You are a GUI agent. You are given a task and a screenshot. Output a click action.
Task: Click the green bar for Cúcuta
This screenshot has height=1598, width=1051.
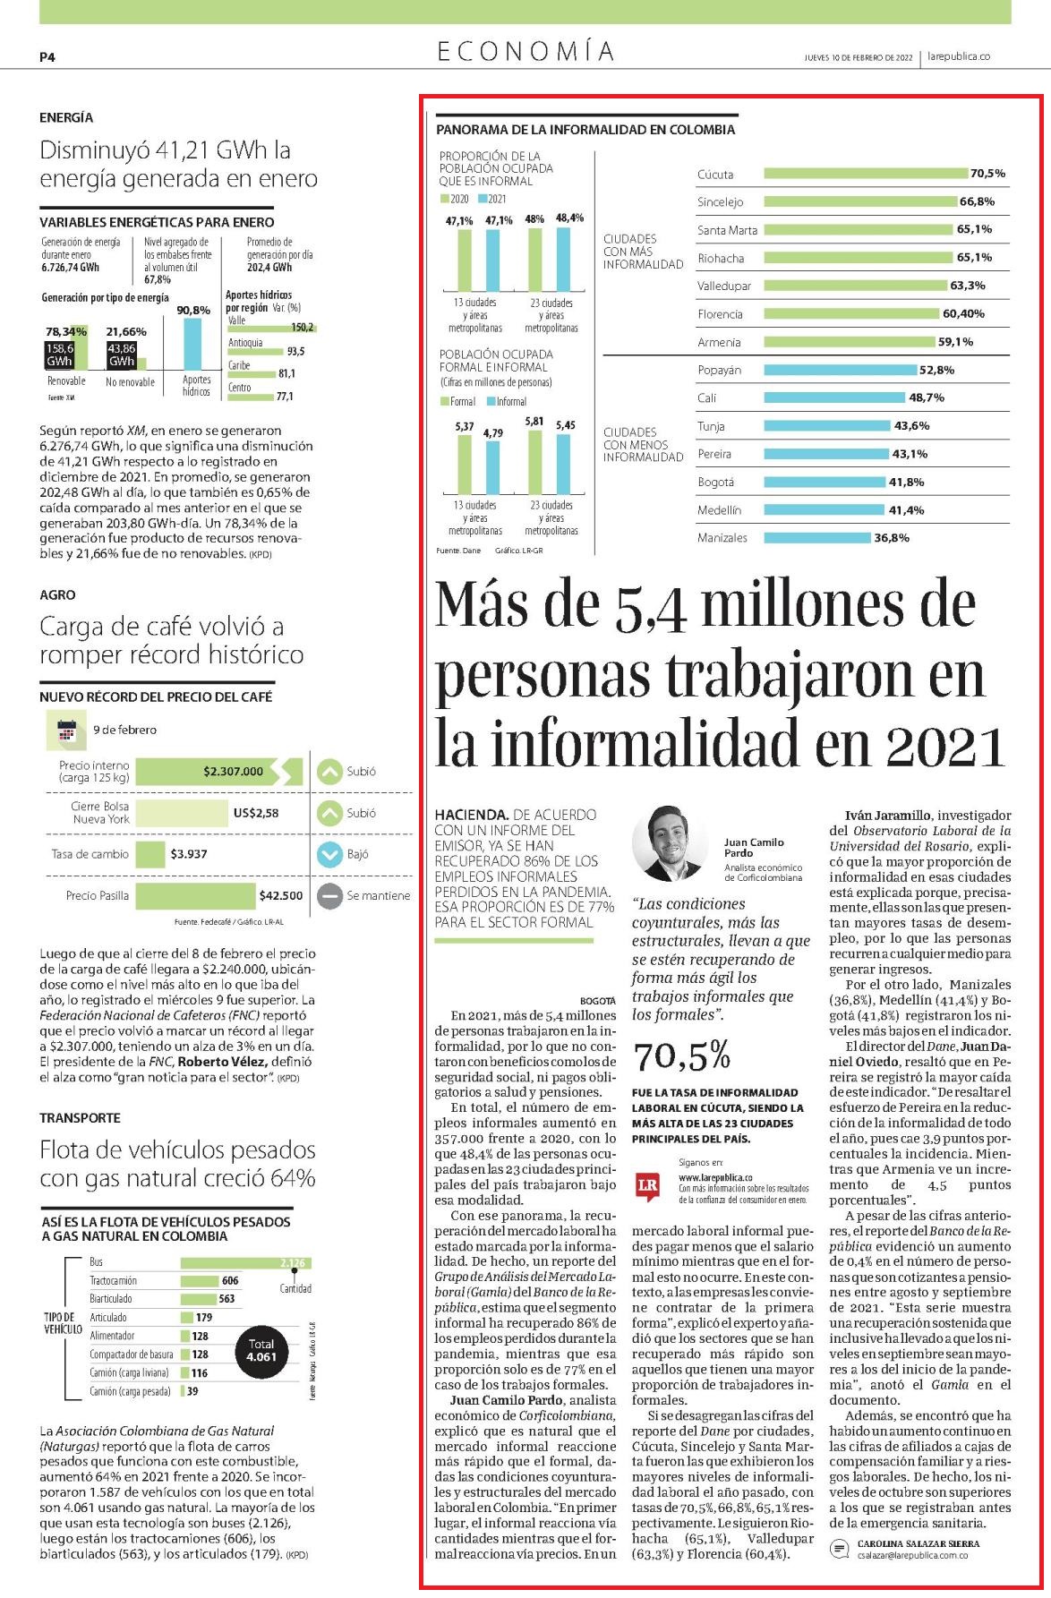point(867,174)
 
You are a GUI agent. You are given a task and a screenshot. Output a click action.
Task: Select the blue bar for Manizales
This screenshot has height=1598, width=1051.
point(817,538)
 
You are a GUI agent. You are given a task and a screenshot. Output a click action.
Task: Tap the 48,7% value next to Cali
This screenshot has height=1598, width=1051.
point(927,397)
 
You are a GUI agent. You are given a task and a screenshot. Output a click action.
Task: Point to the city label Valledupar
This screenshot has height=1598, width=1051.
point(724,286)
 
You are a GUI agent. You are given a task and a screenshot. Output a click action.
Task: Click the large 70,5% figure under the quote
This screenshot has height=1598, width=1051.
point(682,1056)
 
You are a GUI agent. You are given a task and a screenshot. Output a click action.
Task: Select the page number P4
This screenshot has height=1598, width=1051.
point(47,56)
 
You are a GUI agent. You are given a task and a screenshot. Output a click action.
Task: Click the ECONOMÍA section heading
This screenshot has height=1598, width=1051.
point(525,52)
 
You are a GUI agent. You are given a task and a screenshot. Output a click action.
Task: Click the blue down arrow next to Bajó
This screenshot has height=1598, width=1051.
point(330,854)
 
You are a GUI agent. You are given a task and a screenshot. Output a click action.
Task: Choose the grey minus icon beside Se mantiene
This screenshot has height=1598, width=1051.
point(330,895)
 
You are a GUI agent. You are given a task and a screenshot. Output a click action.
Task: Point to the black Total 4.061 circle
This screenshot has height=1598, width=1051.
point(261,1350)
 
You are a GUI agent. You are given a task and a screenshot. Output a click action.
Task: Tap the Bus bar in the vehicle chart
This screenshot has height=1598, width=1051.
point(245,1262)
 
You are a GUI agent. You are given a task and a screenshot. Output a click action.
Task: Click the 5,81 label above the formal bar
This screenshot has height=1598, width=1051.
point(534,421)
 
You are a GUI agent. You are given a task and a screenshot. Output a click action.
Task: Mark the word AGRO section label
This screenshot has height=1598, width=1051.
point(57,594)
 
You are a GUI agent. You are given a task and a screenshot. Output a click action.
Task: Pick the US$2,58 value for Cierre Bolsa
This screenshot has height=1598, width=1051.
point(256,813)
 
